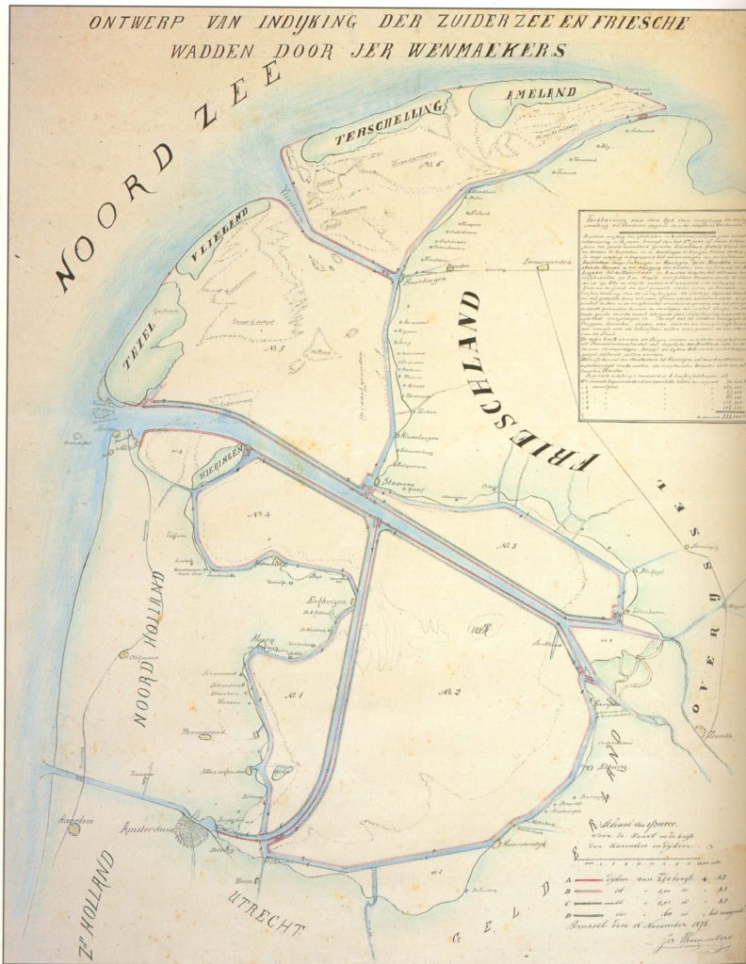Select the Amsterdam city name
tap(151, 829)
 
